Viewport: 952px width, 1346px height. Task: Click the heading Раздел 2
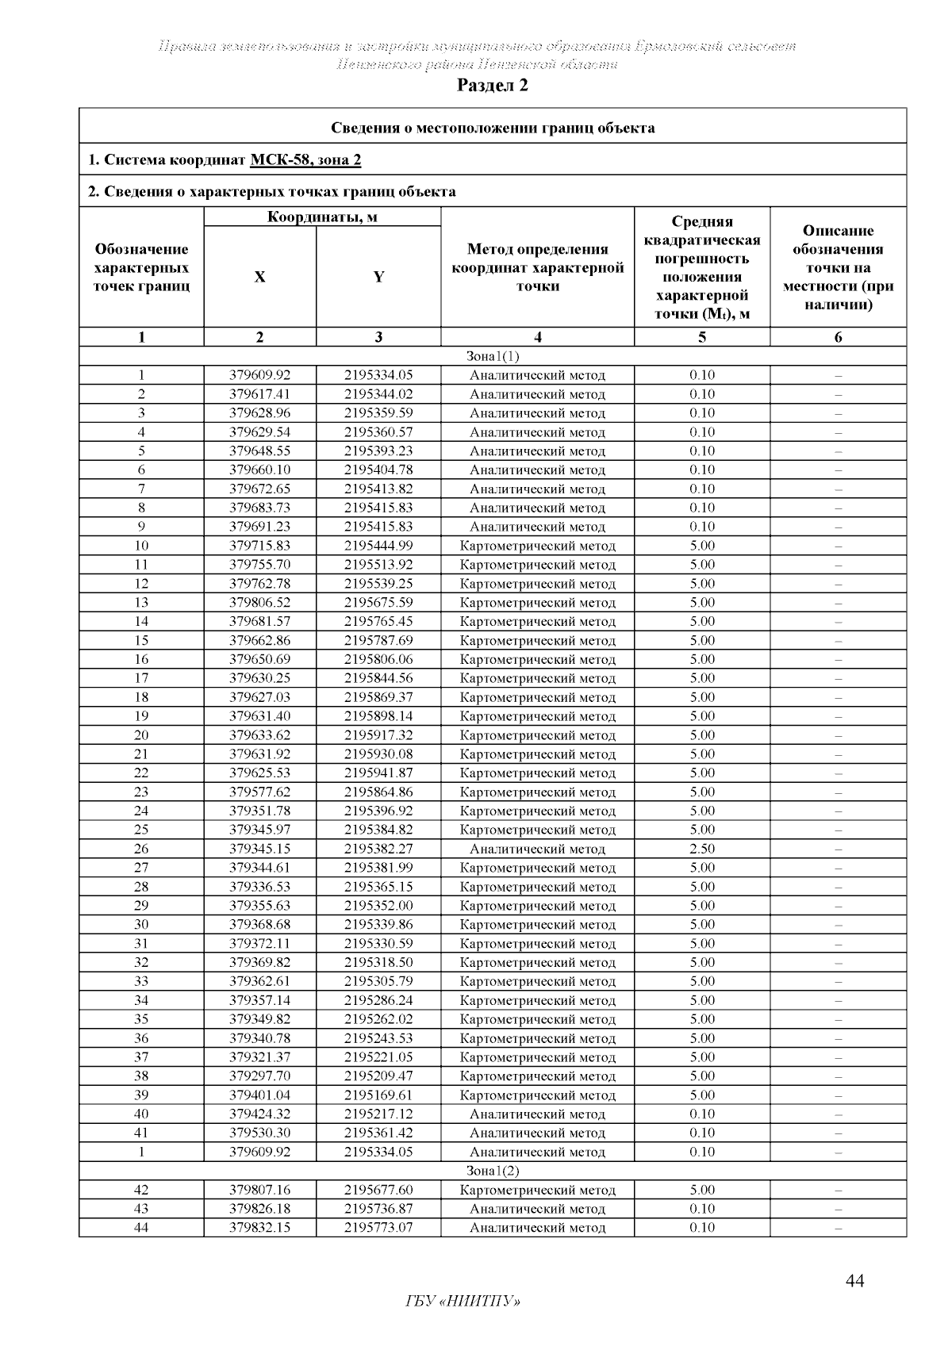(x=492, y=86)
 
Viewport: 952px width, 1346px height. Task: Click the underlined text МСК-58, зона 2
(x=305, y=160)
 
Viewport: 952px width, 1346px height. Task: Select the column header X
(x=259, y=277)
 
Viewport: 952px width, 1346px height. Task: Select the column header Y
(x=378, y=277)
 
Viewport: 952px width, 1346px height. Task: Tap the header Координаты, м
(x=322, y=217)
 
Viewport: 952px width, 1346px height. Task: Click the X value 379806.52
(x=259, y=603)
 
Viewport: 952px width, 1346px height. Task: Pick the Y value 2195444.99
(x=378, y=546)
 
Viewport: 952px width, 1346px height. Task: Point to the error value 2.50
(x=702, y=849)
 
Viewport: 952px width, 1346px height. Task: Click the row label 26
(x=141, y=849)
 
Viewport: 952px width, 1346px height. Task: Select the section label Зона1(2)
(x=492, y=1171)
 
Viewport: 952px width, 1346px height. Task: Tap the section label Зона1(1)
(x=492, y=356)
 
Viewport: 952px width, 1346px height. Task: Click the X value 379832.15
(x=259, y=1228)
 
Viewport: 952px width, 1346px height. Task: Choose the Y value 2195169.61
(x=378, y=1095)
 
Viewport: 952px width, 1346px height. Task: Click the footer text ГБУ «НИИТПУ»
(x=463, y=1302)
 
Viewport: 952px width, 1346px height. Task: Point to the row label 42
(x=141, y=1190)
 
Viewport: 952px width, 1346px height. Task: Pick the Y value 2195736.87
(x=378, y=1209)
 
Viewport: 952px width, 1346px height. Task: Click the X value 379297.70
(x=259, y=1076)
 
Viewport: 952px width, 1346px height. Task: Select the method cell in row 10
(x=537, y=546)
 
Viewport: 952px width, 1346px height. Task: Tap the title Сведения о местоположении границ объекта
(x=492, y=128)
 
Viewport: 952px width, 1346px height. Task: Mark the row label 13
(x=141, y=603)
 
